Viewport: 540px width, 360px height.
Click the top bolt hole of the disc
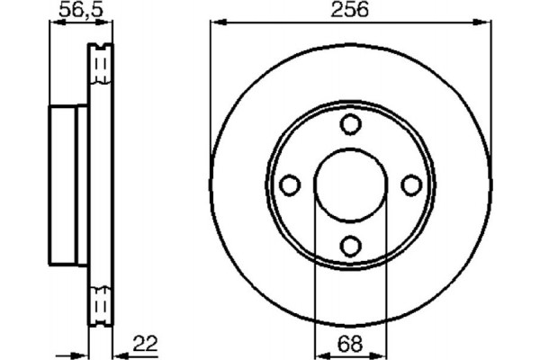(x=351, y=125)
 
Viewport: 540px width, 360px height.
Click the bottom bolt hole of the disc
(x=351, y=244)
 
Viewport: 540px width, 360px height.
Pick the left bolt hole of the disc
(x=291, y=184)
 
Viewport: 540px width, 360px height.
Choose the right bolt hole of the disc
(x=411, y=184)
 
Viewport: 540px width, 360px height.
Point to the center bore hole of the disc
(x=351, y=184)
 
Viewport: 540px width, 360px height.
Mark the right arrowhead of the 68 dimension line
(x=384, y=353)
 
